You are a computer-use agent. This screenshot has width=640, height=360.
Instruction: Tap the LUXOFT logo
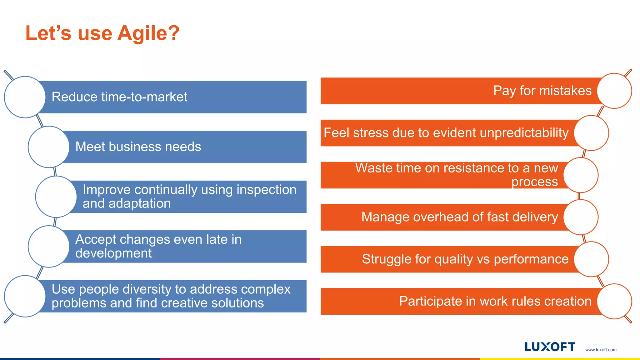coord(550,347)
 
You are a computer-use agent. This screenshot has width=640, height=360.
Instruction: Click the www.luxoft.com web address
coord(601,350)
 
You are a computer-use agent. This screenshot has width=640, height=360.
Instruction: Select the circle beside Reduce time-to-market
coord(25,97)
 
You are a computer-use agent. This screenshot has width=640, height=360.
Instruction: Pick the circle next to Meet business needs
coord(49,147)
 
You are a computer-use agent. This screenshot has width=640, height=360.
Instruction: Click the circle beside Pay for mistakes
coord(614,91)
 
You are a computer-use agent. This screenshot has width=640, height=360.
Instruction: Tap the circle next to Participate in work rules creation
coord(614,301)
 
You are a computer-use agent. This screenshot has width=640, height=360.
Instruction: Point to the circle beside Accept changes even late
coord(49,247)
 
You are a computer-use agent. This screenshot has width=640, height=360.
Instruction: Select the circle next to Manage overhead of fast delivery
coord(581,217)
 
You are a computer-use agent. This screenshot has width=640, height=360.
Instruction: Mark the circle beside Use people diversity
coord(25,296)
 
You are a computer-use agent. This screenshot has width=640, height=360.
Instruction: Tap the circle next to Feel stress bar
coord(591,133)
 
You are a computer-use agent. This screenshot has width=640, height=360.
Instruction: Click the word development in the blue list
coord(113,253)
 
